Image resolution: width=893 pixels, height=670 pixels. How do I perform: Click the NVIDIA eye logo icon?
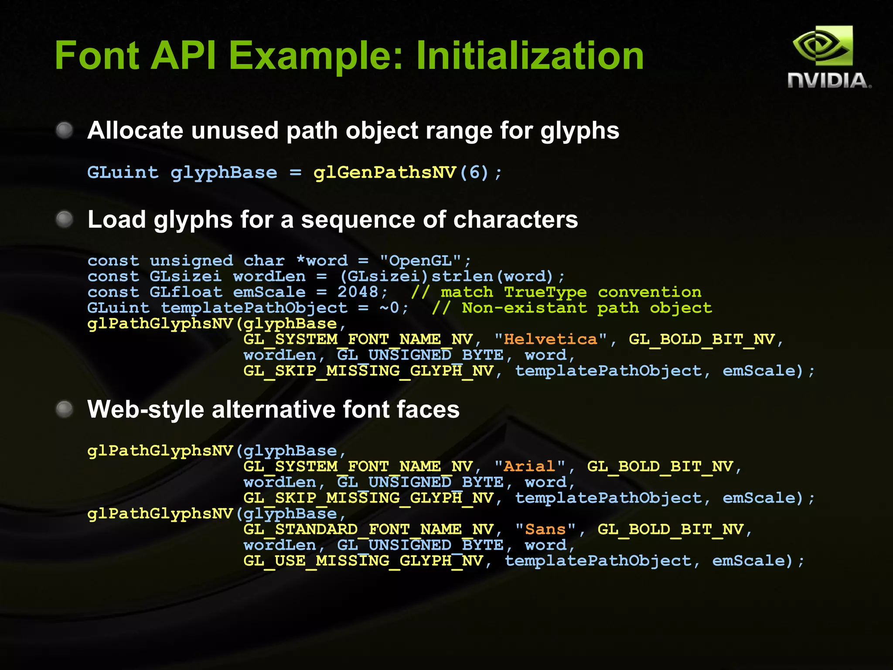click(822, 46)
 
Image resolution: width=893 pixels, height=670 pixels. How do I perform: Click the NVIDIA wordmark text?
click(829, 81)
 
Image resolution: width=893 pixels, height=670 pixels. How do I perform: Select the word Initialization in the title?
click(530, 56)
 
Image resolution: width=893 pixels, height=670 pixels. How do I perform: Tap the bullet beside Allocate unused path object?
click(65, 130)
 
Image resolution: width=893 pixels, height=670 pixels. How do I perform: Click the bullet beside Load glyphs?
click(65, 219)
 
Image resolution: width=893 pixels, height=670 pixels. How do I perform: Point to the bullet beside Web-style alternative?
click(65, 409)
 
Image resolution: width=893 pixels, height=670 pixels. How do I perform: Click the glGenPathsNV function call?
click(384, 173)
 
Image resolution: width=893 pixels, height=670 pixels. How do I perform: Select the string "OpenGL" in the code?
click(420, 261)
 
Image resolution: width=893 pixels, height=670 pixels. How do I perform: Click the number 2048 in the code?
click(358, 292)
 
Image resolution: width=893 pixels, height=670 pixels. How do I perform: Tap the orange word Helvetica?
click(550, 339)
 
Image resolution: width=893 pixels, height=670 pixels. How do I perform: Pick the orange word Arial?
click(529, 466)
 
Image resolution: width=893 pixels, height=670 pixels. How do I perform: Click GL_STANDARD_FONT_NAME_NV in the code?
click(368, 529)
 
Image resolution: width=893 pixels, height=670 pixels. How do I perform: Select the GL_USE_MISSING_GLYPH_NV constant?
click(363, 561)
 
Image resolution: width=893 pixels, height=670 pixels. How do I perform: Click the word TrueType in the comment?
click(545, 292)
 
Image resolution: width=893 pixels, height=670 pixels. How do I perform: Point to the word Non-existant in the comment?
click(524, 308)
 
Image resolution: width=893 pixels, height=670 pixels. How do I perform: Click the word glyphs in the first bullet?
click(579, 131)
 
